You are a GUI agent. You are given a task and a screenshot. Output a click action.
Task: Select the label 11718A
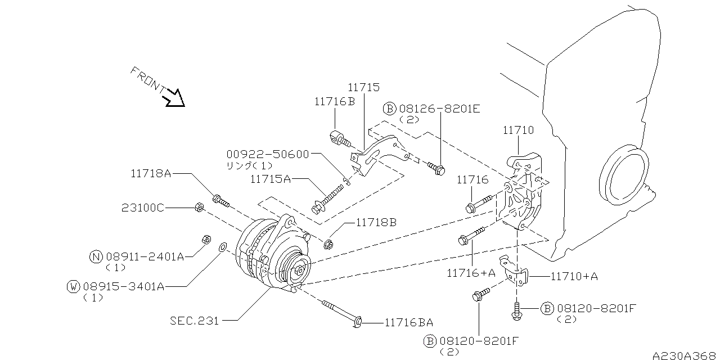pyautogui.click(x=147, y=174)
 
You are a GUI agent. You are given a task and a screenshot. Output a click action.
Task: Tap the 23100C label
pyautogui.click(x=142, y=208)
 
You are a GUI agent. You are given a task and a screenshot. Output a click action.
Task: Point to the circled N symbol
pyautogui.click(x=96, y=257)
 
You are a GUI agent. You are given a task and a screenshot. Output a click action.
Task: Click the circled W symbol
pyautogui.click(x=73, y=287)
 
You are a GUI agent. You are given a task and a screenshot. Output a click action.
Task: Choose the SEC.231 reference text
pyautogui.click(x=195, y=321)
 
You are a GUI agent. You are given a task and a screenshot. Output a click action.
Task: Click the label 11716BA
pyautogui.click(x=409, y=322)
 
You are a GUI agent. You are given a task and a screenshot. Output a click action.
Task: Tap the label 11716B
pyautogui.click(x=335, y=102)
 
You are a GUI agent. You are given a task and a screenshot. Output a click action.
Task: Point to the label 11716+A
pyautogui.click(x=471, y=273)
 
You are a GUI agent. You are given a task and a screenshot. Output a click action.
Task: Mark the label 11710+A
pyautogui.click(x=573, y=276)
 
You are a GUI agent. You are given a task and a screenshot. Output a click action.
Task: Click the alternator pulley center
pyautogui.click(x=299, y=270)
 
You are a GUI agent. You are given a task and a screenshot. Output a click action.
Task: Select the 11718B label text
pyautogui.click(x=376, y=222)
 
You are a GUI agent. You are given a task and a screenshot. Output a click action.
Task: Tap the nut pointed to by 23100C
pyautogui.click(x=198, y=208)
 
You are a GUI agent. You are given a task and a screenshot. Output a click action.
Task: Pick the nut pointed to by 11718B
pyautogui.click(x=328, y=244)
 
